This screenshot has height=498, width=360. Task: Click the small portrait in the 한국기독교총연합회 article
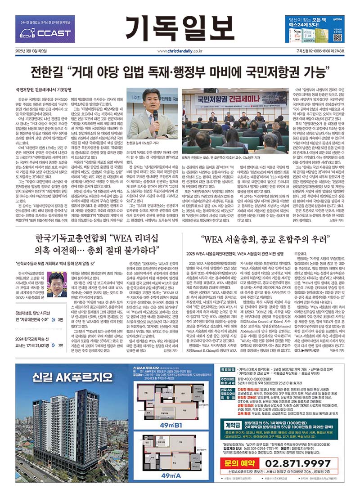click(x=57, y=284)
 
